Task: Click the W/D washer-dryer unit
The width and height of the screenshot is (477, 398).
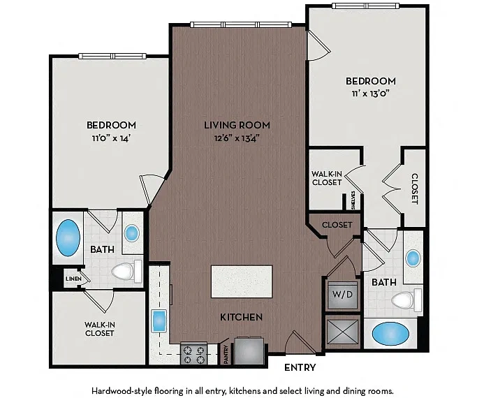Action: tap(342, 295)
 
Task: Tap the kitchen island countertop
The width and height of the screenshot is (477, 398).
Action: tap(242, 281)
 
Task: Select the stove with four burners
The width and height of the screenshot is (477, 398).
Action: tap(193, 353)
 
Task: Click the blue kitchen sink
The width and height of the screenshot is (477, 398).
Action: tap(159, 320)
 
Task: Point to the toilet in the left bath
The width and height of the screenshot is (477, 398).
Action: tap(127, 271)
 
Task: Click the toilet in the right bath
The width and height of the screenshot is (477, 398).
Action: tap(406, 300)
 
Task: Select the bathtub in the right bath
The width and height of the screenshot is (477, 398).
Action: tap(391, 334)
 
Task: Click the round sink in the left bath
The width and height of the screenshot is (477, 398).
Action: tap(132, 233)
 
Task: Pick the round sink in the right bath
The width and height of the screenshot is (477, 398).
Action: tap(413, 258)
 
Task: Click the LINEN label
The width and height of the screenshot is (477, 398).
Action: tap(73, 279)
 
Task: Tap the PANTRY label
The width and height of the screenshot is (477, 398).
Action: tap(226, 355)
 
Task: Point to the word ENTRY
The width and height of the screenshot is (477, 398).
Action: tap(300, 367)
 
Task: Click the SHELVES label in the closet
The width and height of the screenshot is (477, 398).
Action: tap(353, 200)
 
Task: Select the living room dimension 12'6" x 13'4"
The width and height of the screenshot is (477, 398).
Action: tap(237, 138)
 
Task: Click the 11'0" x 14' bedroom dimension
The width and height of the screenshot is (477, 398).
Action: tap(111, 138)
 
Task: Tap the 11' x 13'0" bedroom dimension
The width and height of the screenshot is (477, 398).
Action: tap(371, 94)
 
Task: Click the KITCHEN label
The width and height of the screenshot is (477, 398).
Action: tap(241, 317)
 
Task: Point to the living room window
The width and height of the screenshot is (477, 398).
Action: tap(241, 24)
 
